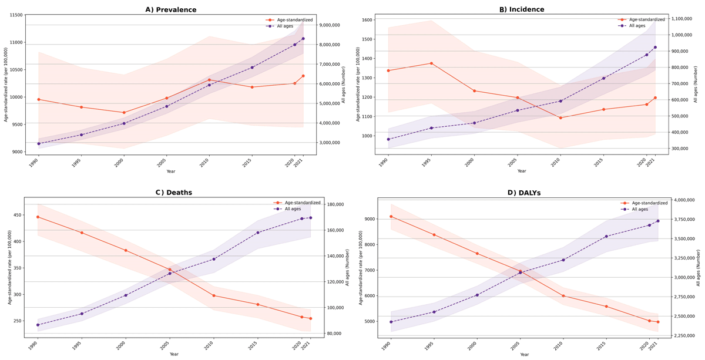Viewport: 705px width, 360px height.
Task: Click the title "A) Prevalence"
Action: pyautogui.click(x=171, y=10)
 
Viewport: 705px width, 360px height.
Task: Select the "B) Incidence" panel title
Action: pyautogui.click(x=522, y=9)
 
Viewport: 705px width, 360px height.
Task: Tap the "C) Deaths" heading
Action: pyautogui.click(x=174, y=193)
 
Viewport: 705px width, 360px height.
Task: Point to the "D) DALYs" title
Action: pyautogui.click(x=524, y=193)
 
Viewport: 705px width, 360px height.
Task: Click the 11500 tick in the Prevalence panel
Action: pyautogui.click(x=15, y=15)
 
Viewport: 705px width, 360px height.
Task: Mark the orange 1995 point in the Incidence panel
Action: pyautogui.click(x=431, y=63)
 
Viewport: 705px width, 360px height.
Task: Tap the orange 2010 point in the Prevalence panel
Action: pyautogui.click(x=209, y=80)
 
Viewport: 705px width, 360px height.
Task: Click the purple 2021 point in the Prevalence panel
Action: pyautogui.click(x=303, y=39)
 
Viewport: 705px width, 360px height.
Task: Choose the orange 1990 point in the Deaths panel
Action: pyautogui.click(x=38, y=217)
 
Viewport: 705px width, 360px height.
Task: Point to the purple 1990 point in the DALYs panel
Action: pyautogui.click(x=391, y=322)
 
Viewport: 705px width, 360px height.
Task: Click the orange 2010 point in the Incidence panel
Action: pyautogui.click(x=560, y=117)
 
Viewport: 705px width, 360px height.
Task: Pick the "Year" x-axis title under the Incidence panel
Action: pyautogui.click(x=522, y=171)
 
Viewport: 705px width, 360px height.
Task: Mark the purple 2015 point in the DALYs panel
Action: pyautogui.click(x=606, y=236)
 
